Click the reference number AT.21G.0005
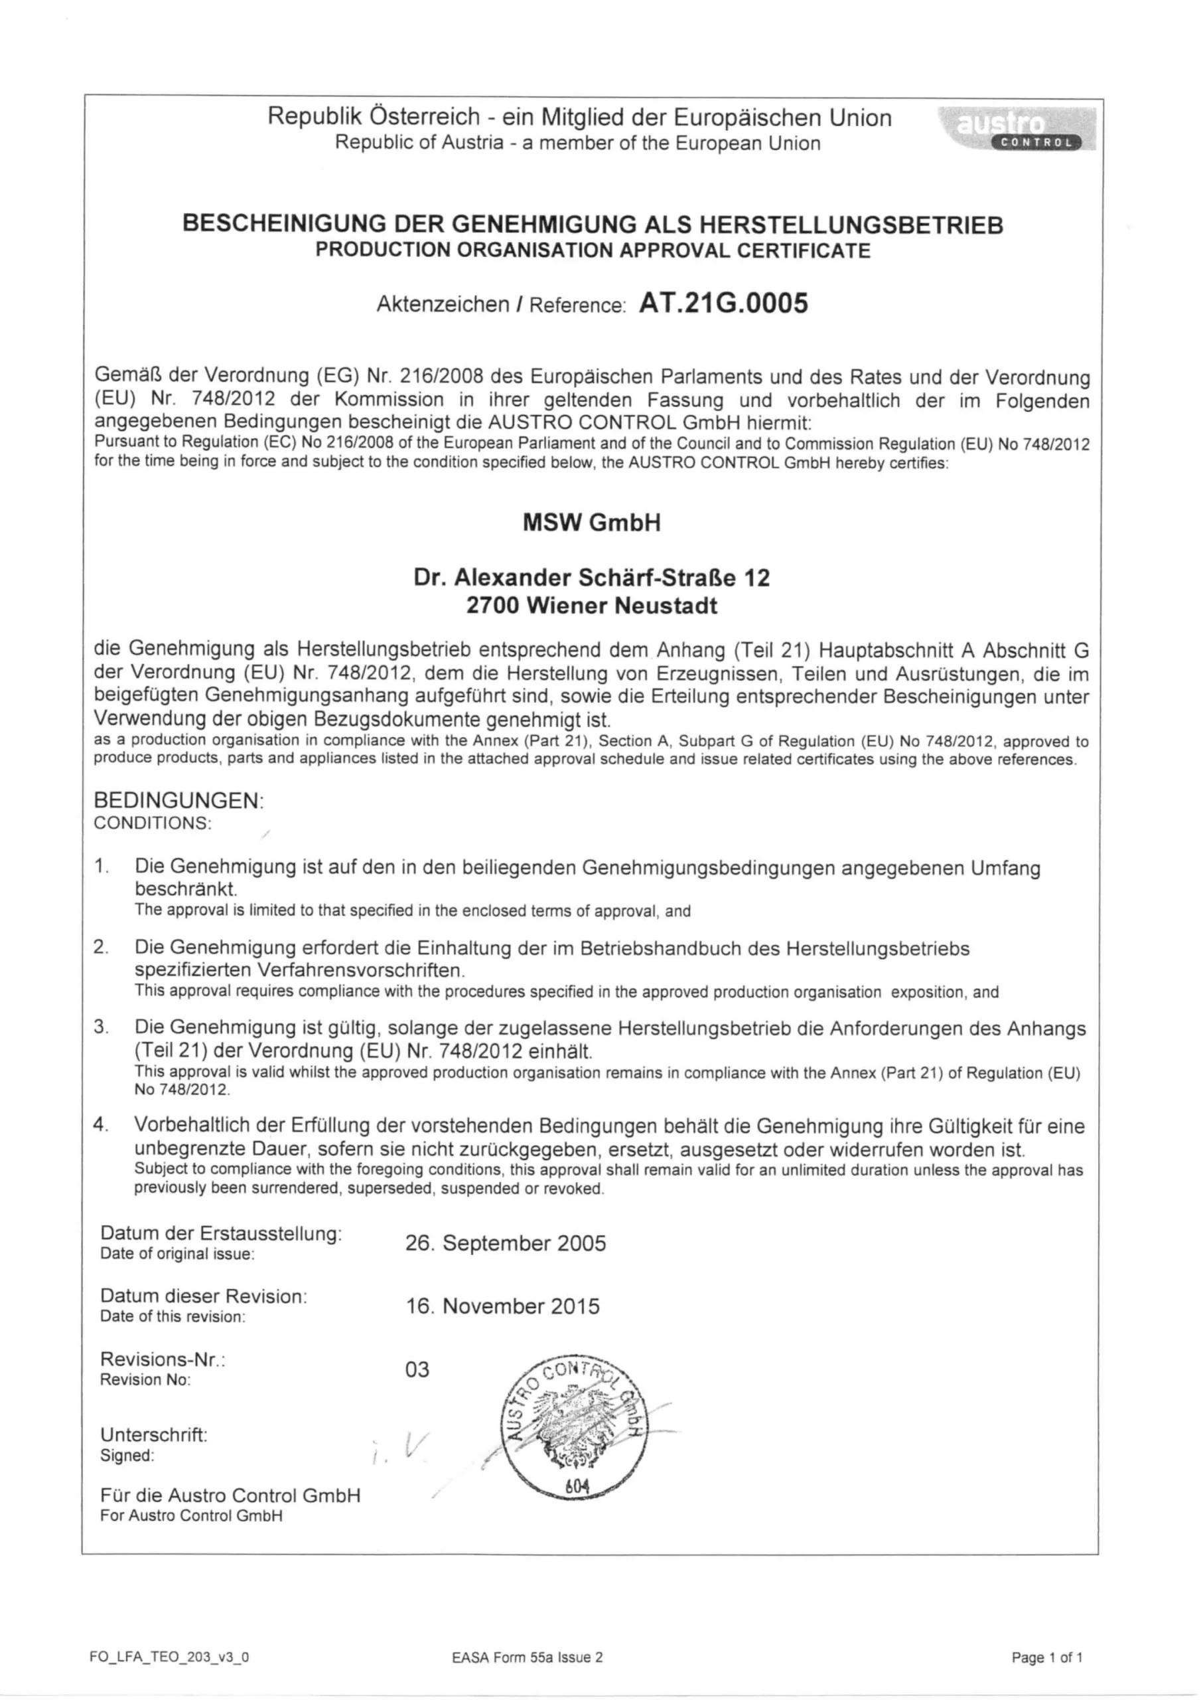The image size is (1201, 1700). point(723,303)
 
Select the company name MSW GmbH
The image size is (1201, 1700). point(591,523)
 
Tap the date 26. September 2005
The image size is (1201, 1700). point(506,1243)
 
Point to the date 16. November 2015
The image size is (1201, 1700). point(502,1306)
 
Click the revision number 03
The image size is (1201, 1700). point(417,1369)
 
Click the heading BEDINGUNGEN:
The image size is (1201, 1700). point(178,800)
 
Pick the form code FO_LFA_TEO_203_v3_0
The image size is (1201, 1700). point(169,1657)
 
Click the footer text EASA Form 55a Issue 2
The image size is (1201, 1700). point(527,1657)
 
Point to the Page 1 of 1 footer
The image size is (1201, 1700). point(1046,1657)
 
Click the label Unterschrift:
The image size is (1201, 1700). point(154,1435)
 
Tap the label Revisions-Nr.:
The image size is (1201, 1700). point(163,1359)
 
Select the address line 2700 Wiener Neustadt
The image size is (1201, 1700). point(591,606)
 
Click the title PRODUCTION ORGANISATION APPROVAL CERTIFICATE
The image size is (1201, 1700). point(593,250)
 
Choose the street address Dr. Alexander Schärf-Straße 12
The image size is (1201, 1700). point(591,578)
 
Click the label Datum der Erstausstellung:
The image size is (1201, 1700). point(221,1234)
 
